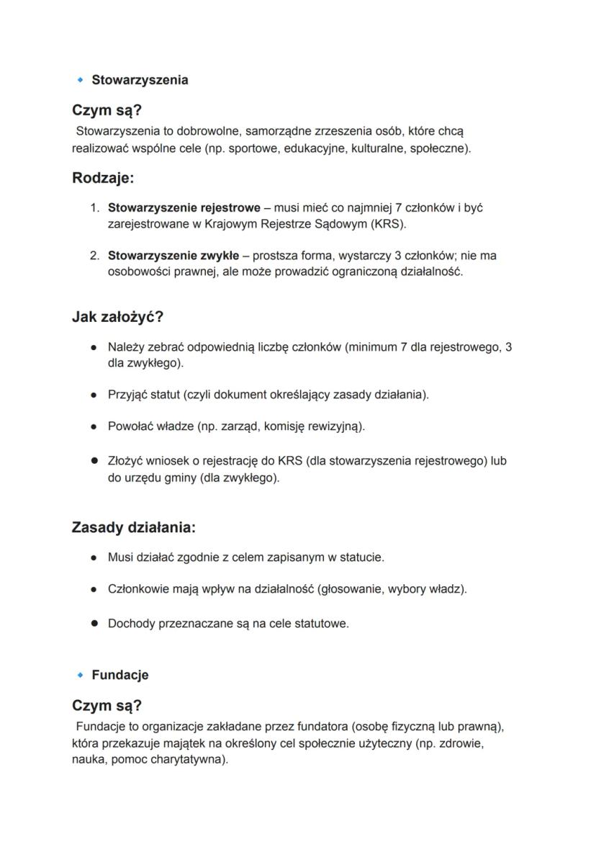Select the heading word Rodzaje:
click(x=103, y=178)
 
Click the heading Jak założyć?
click(x=117, y=317)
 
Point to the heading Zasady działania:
click(x=133, y=527)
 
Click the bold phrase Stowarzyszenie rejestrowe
click(x=184, y=208)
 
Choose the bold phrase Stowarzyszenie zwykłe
click(x=173, y=256)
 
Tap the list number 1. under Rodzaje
click(x=94, y=208)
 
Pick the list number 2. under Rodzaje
click(x=94, y=256)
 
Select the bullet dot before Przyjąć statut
click(x=94, y=395)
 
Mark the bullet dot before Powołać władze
click(x=94, y=426)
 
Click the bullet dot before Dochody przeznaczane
click(x=94, y=624)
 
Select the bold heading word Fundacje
click(x=120, y=675)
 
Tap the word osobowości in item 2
click(x=139, y=272)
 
